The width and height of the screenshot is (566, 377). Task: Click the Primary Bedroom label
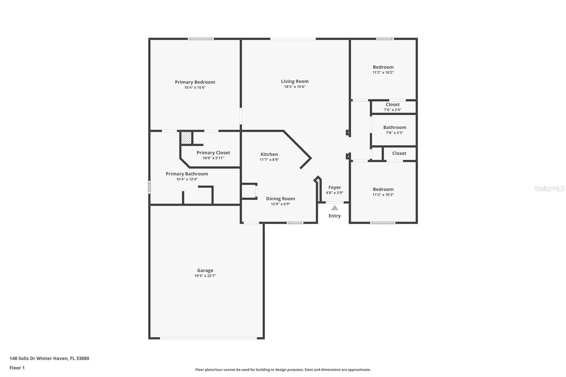[x=195, y=82]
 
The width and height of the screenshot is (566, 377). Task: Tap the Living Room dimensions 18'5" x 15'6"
[x=295, y=87]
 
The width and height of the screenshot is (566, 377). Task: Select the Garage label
[x=205, y=270]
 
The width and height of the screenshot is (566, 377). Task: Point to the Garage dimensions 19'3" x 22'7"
[x=205, y=275]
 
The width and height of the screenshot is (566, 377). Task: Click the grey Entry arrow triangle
[x=335, y=208]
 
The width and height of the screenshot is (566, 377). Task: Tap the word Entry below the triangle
[x=335, y=216]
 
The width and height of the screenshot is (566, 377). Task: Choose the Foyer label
[x=335, y=187]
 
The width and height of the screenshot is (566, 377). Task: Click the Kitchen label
[x=269, y=154]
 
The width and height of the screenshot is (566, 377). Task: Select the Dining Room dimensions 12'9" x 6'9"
[x=281, y=204]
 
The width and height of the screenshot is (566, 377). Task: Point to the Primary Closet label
[x=213, y=153]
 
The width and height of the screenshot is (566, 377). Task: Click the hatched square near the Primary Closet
[x=186, y=138]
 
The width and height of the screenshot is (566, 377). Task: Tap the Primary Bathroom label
[x=187, y=174]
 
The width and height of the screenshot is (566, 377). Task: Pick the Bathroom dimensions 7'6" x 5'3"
[x=394, y=133]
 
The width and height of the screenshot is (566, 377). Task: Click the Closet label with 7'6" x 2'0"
[x=392, y=104]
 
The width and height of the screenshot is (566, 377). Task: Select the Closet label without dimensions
[x=399, y=153]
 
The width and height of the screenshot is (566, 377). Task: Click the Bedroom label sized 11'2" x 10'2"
[x=383, y=67]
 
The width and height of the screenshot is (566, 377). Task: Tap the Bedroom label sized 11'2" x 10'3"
[x=383, y=189]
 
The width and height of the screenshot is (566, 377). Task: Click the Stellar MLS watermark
[x=549, y=188]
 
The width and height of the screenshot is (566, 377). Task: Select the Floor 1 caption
[x=17, y=368]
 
